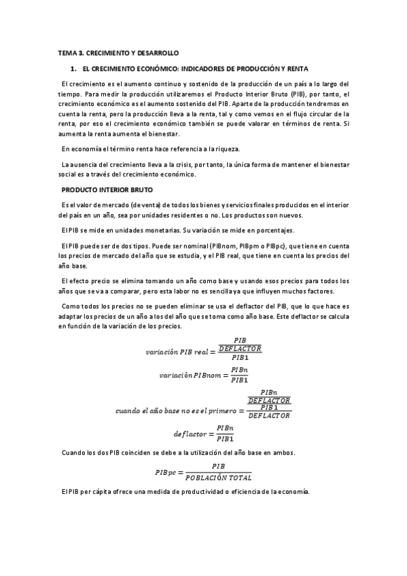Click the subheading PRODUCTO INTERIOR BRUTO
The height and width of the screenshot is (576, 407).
click(x=107, y=189)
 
